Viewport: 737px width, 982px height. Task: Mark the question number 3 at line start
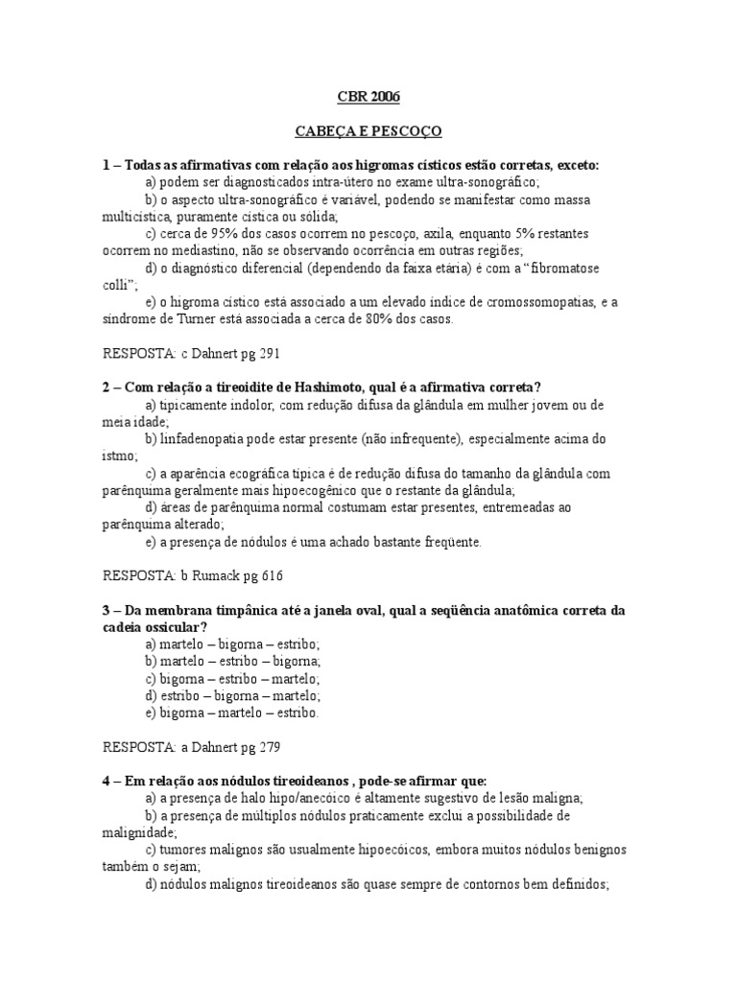click(106, 610)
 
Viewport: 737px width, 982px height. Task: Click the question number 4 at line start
click(106, 780)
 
